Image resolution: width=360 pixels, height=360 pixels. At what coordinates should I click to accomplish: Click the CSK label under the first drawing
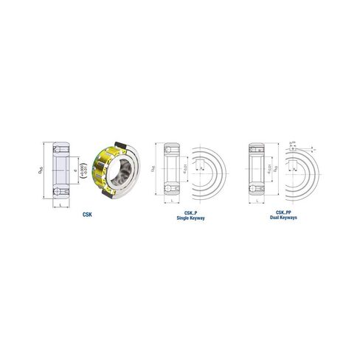(x=89, y=214)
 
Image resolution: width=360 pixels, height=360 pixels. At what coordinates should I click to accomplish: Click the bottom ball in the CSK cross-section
(x=60, y=193)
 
